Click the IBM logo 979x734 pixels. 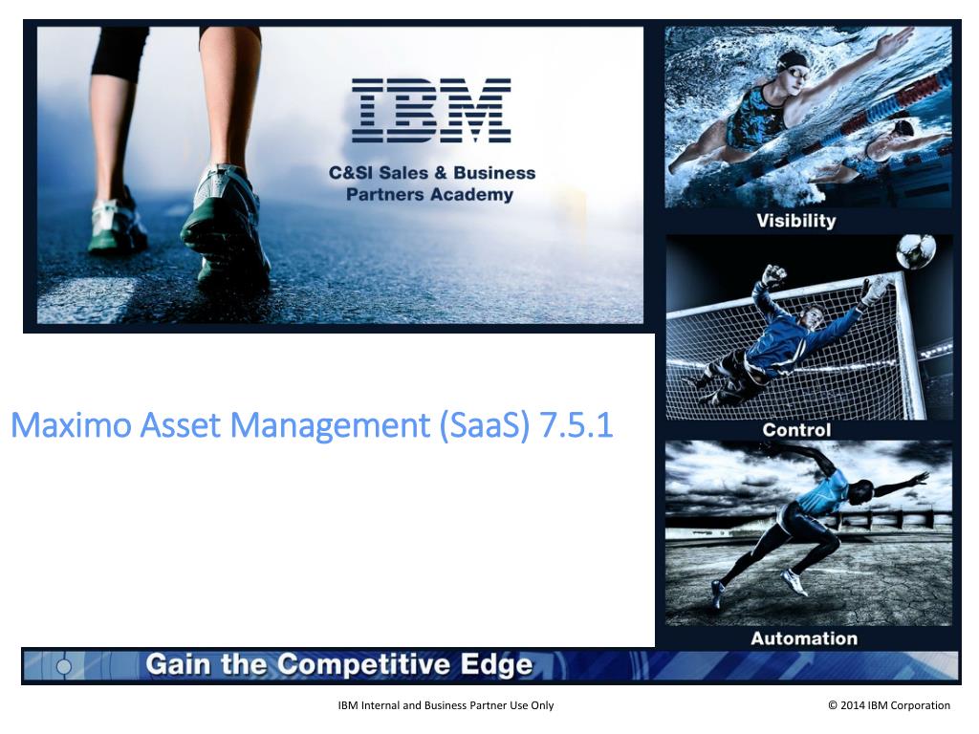click(431, 111)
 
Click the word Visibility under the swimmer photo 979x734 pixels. click(796, 221)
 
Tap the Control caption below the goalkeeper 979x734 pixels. click(796, 430)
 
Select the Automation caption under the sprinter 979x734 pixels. click(804, 638)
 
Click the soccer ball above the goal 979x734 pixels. click(915, 251)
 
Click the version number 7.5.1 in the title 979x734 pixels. click(577, 425)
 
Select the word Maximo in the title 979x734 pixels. click(71, 425)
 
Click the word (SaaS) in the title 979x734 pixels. click(485, 426)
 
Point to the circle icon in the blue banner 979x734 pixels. click(64, 666)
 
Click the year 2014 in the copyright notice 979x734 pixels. click(852, 705)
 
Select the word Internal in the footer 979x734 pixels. click(380, 705)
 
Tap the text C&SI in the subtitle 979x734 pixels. click(351, 173)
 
